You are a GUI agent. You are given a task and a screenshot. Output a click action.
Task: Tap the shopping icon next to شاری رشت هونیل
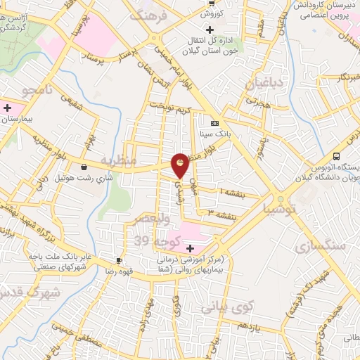[86, 167]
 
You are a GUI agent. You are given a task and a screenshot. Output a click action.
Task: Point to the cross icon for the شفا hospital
[190, 248]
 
